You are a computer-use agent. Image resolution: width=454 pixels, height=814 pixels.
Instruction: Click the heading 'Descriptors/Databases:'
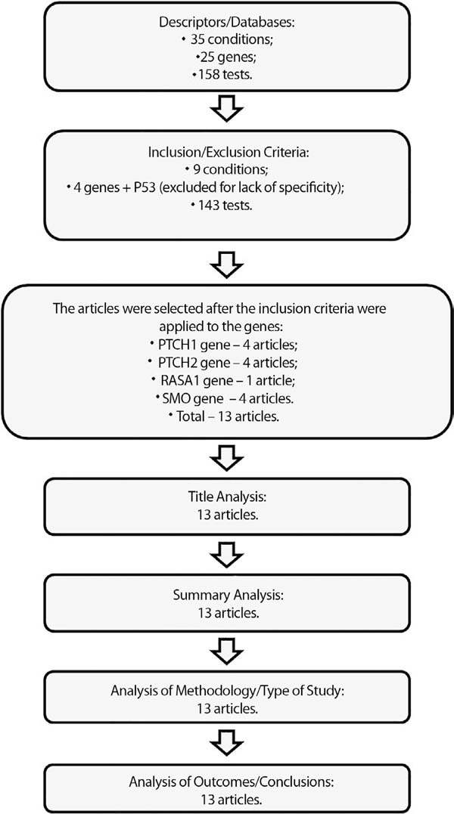(x=227, y=22)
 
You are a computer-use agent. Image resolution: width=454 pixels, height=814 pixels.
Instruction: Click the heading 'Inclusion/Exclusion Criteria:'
(x=227, y=153)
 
